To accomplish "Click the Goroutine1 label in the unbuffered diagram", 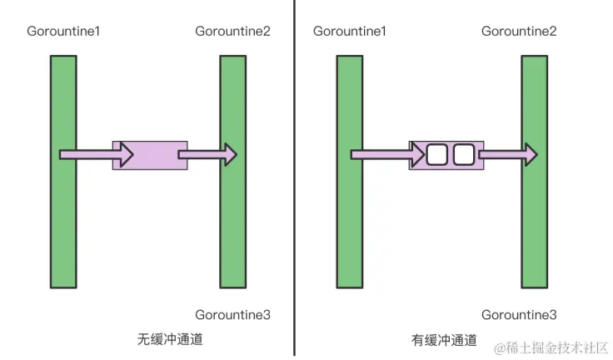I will (63, 32).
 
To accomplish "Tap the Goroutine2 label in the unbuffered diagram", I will (232, 32).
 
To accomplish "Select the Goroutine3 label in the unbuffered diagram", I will (232, 314).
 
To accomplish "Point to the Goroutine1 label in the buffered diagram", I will (349, 32).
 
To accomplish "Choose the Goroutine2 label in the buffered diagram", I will (519, 32).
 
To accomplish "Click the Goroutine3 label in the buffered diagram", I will (519, 314).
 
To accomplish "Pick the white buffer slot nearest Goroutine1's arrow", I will (437, 154).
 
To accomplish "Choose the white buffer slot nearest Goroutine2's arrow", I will (463, 154).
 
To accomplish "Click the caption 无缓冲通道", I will (170, 340).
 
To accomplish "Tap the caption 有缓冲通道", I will (444, 340).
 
